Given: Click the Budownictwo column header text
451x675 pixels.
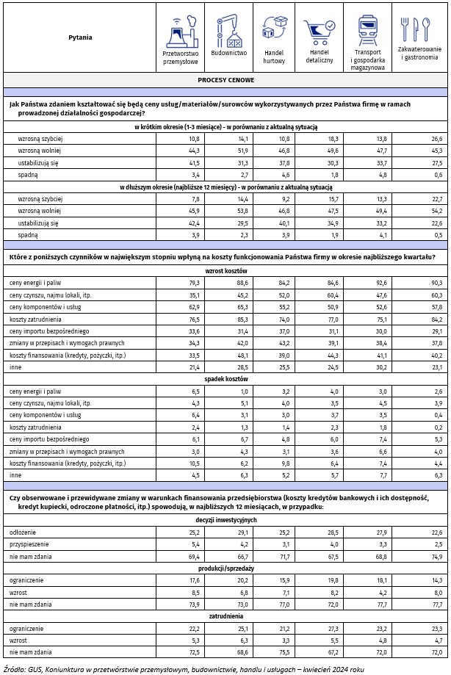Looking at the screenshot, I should pyautogui.click(x=228, y=53).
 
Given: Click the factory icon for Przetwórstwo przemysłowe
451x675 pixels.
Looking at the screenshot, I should pyautogui.click(x=180, y=31).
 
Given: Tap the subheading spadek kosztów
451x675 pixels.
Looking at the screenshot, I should pyautogui.click(x=225, y=378).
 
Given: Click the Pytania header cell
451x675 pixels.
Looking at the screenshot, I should pyautogui.click(x=80, y=37).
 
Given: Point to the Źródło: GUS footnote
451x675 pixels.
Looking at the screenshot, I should pyautogui.click(x=184, y=668).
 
